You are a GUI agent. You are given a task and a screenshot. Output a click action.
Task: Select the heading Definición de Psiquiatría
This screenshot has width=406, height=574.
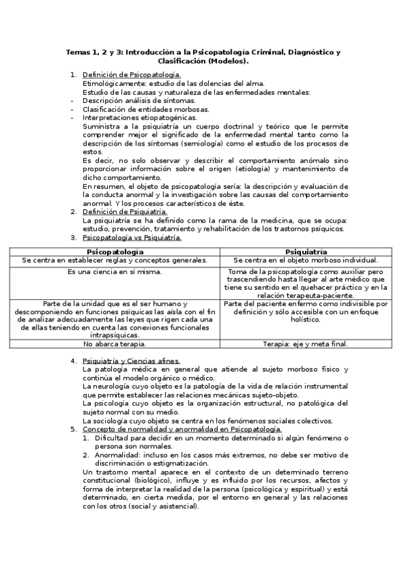[x=124, y=212]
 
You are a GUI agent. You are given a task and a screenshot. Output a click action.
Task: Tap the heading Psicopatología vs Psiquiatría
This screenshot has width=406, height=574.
[x=131, y=238]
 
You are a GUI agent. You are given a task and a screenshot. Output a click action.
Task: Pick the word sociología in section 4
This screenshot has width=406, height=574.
[x=108, y=420]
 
